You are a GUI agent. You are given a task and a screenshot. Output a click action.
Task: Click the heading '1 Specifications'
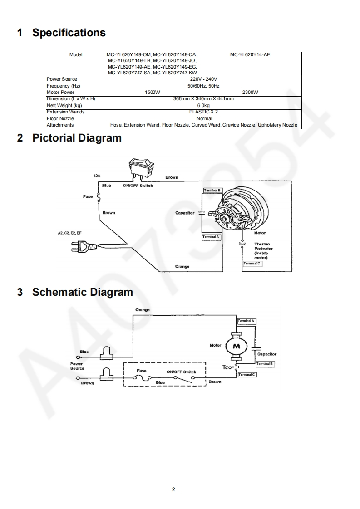click(x=61, y=33)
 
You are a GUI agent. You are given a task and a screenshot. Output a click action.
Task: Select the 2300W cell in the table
click(x=250, y=92)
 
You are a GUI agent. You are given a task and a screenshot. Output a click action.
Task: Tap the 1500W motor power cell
click(x=152, y=92)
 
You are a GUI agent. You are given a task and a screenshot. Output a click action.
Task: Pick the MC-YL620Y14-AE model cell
click(x=250, y=54)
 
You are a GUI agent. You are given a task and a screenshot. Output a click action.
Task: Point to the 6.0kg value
click(x=203, y=105)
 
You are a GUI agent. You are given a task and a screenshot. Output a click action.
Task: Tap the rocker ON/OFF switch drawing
click(x=140, y=167)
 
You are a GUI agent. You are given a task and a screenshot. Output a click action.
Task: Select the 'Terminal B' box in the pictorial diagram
click(x=212, y=191)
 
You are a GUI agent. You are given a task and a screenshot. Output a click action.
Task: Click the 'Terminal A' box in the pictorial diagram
click(x=211, y=237)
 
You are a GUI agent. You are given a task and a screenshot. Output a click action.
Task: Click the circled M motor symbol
click(x=236, y=346)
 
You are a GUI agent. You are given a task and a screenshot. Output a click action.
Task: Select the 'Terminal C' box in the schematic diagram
click(x=247, y=375)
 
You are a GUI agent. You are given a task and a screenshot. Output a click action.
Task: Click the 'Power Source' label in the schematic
click(x=77, y=366)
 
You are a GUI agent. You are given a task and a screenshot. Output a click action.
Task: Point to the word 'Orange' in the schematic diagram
click(x=142, y=310)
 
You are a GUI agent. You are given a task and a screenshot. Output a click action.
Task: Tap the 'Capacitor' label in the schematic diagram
click(x=266, y=354)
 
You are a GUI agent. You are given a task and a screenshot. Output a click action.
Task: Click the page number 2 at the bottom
click(x=173, y=489)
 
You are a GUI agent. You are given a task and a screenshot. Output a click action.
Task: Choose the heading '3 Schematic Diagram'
click(x=75, y=292)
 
